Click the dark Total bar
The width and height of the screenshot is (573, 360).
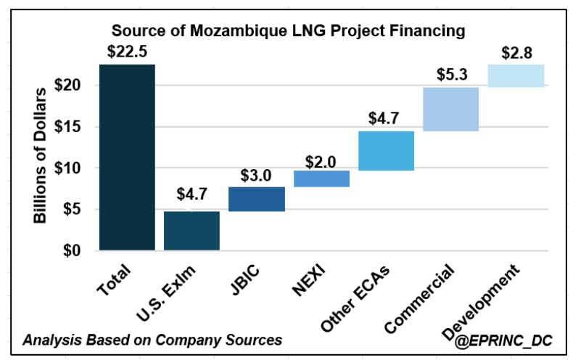(127, 157)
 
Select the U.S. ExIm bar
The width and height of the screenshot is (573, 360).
(191, 231)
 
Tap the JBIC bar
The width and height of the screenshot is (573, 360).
(257, 199)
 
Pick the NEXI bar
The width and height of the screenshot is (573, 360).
(321, 179)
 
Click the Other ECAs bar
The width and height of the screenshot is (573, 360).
(386, 151)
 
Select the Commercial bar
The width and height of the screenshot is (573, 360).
(450, 109)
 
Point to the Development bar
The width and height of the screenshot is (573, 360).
(516, 75)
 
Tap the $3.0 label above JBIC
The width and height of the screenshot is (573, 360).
(257, 175)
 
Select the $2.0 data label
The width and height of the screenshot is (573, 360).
(321, 159)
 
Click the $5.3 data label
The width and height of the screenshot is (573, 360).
(450, 75)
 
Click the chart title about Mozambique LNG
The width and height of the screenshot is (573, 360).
(287, 31)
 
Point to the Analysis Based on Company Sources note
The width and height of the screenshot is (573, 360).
(152, 339)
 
